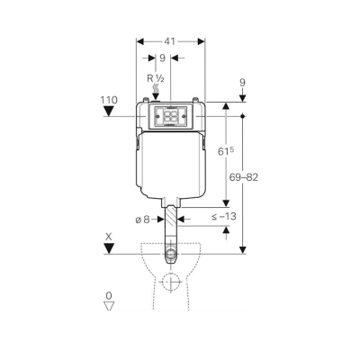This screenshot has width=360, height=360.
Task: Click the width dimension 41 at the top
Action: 170,40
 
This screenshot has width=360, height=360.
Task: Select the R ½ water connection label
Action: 154,79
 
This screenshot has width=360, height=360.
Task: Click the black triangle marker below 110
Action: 110,112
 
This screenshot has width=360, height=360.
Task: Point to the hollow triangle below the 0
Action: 110,307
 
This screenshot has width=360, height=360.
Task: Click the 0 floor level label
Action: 110,294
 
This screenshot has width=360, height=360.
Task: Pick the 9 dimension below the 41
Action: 161,60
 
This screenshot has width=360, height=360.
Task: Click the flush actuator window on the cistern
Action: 170,116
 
